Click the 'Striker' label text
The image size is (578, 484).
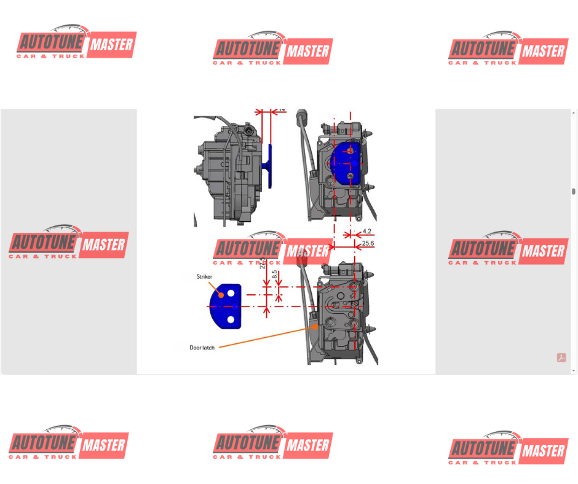(204, 277)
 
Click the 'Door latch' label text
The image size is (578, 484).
(202, 348)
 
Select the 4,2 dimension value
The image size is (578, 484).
(366, 232)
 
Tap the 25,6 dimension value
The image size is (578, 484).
(368, 244)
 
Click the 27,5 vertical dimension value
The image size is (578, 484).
(263, 263)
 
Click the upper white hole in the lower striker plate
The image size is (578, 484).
(231, 294)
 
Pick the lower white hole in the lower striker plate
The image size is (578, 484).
(231, 319)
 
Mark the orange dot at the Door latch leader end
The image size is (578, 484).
(315, 327)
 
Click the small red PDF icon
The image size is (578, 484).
(561, 357)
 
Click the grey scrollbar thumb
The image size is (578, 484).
(574, 192)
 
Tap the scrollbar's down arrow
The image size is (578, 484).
(574, 370)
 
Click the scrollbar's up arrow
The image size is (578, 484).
(574, 113)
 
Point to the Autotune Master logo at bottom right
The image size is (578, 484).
(507, 448)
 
